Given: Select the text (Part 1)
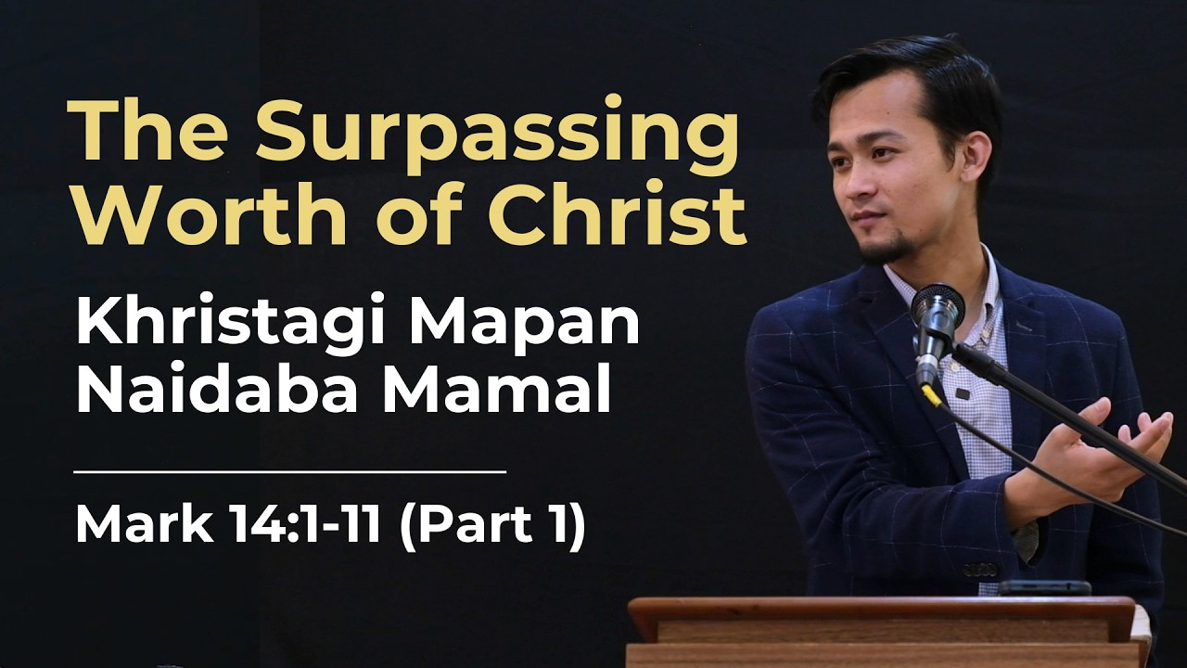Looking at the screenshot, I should pos(491,525).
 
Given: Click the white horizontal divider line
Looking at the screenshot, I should pos(289,471).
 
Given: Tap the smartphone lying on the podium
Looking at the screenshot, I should pos(1044,587).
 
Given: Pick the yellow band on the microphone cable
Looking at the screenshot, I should pos(930,395).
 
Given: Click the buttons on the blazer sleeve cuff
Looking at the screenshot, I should pos(980,569).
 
